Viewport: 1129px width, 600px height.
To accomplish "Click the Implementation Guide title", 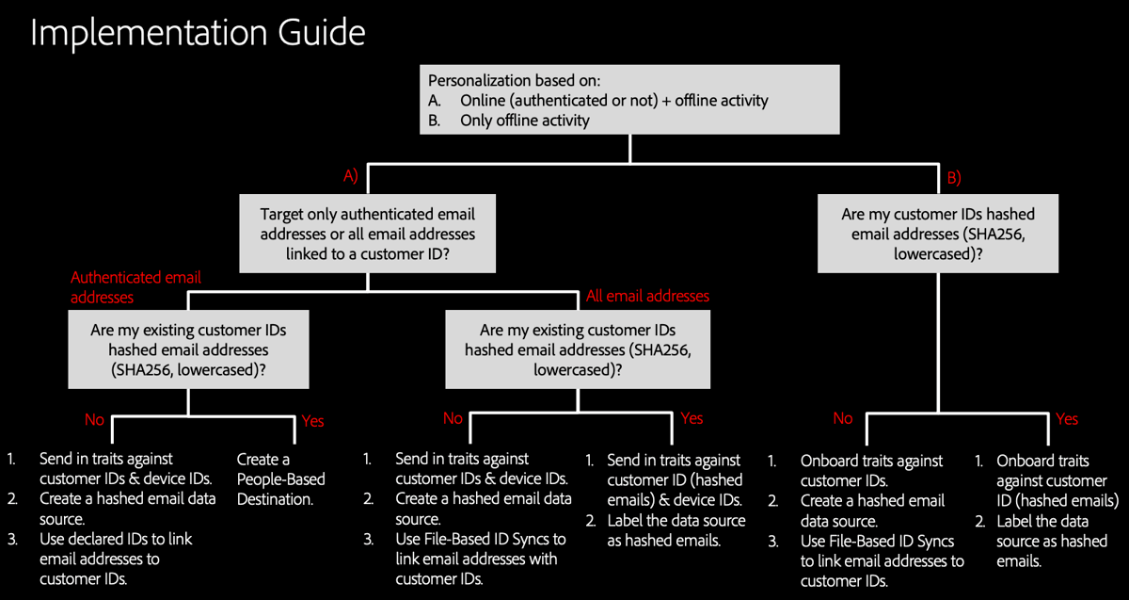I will tap(198, 33).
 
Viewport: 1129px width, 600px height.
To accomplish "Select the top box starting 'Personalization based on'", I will tap(629, 99).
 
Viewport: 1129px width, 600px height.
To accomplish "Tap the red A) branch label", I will tap(351, 175).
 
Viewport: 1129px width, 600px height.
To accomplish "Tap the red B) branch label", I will tap(953, 176).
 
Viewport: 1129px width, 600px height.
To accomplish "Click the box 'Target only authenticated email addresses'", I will tap(367, 234).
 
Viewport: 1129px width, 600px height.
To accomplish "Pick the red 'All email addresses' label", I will tap(647, 296).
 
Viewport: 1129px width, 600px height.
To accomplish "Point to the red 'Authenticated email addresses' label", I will tap(135, 287).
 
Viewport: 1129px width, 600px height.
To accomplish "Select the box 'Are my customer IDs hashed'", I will tap(937, 234).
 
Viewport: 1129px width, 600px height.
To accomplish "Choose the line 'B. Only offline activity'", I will tap(509, 120).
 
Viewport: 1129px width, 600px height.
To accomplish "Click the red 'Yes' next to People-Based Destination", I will tap(312, 421).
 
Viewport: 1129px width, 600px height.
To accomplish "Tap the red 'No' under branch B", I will tap(843, 419).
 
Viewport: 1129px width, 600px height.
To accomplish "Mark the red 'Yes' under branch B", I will tap(1067, 419).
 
